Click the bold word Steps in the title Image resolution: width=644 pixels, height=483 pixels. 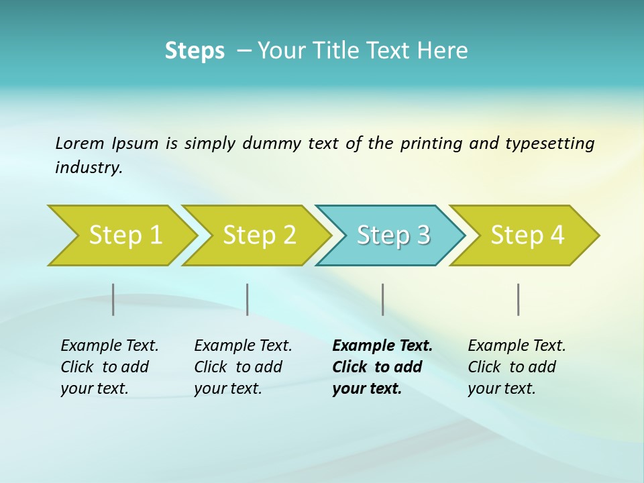click(x=195, y=51)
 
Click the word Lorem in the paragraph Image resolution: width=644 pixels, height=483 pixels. click(x=80, y=144)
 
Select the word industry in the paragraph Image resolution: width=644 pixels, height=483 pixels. click(x=89, y=168)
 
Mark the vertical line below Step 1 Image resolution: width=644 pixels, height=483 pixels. click(x=113, y=299)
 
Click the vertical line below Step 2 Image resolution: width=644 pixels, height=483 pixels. click(x=248, y=299)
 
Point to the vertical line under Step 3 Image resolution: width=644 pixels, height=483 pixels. click(x=383, y=299)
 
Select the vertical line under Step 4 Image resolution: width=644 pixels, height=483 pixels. click(x=519, y=299)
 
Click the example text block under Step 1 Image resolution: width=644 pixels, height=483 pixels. click(x=109, y=367)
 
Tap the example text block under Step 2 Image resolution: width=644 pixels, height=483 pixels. click(x=243, y=367)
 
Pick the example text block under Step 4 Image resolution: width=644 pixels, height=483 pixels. click(x=517, y=367)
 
